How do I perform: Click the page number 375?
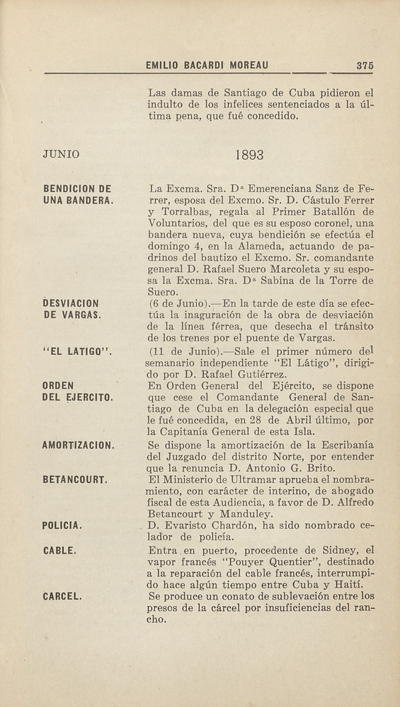click(365, 66)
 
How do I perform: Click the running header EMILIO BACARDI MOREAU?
click(207, 66)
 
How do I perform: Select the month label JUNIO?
click(62, 154)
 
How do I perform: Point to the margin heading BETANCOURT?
click(75, 480)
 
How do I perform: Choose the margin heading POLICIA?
click(64, 526)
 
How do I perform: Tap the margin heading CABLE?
click(60, 549)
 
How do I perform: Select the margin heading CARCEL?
click(63, 596)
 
